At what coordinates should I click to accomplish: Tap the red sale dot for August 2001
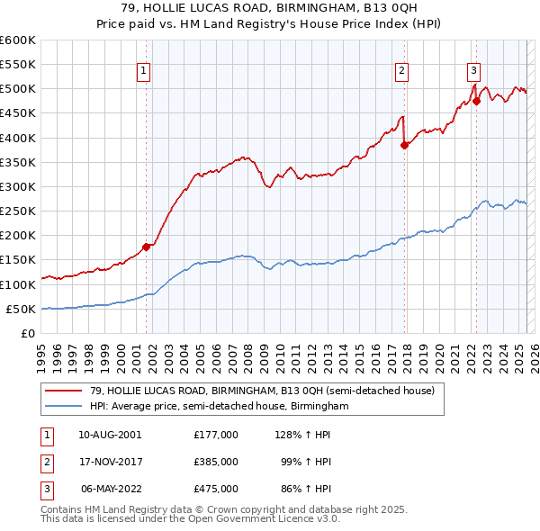click(x=146, y=247)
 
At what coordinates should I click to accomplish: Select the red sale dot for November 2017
click(x=405, y=145)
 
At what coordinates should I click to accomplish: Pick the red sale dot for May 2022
click(x=477, y=101)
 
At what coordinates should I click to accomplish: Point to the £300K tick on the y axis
click(x=21, y=186)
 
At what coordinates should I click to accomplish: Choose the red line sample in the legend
click(x=63, y=391)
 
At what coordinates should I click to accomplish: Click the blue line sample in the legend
click(x=63, y=406)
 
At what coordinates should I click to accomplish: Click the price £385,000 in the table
click(x=215, y=461)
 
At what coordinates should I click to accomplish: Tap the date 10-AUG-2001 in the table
click(x=109, y=434)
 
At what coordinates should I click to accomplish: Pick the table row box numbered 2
click(x=46, y=461)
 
